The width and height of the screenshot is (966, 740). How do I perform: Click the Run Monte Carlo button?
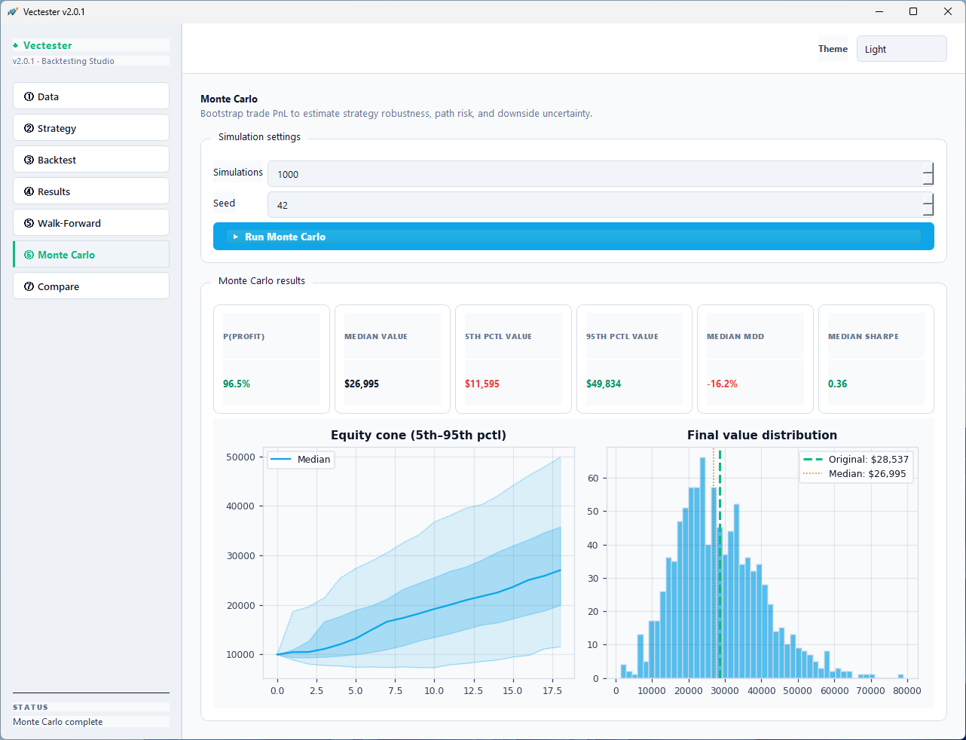[x=573, y=237]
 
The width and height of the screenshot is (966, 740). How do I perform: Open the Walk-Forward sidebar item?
[x=91, y=223]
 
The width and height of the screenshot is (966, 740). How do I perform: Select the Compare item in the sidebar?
[x=91, y=286]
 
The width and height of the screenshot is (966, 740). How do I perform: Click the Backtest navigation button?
[x=91, y=160]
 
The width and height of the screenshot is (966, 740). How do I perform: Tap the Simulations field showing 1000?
[x=595, y=174]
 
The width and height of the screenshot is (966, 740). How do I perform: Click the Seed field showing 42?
[x=595, y=205]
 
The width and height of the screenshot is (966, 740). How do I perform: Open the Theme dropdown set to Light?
[x=901, y=49]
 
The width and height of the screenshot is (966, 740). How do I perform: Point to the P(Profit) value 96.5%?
[x=237, y=384]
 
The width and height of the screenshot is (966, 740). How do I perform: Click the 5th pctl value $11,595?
[x=482, y=384]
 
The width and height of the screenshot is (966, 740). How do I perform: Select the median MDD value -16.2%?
[x=722, y=384]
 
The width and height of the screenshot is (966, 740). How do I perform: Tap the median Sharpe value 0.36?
[x=837, y=384]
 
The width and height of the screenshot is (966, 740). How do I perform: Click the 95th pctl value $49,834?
[x=604, y=384]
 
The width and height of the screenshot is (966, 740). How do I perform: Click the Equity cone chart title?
[x=418, y=435]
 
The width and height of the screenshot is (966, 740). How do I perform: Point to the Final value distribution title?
[x=762, y=435]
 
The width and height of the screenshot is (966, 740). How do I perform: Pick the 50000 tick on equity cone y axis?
[x=240, y=457]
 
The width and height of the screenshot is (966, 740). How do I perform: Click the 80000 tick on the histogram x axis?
[x=906, y=690]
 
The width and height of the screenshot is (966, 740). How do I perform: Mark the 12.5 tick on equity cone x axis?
[x=473, y=690]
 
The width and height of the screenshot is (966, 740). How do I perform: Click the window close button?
[x=948, y=11]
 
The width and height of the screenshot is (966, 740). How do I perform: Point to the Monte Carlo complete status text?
[x=58, y=722]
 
